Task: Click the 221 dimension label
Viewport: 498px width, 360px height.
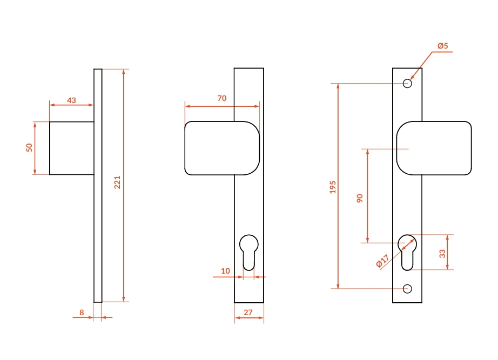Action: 117,182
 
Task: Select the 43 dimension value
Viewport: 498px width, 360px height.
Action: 71,100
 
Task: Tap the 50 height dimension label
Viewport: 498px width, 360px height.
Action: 29,148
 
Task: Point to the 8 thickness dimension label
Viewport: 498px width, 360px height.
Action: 82,313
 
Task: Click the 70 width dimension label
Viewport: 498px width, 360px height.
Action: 222,98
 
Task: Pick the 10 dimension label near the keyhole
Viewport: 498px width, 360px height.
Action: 225,271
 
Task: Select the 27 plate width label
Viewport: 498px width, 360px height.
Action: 248,313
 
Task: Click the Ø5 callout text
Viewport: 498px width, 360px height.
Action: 443,46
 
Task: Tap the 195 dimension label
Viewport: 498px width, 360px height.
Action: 333,187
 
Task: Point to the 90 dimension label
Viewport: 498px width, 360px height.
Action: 360,199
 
